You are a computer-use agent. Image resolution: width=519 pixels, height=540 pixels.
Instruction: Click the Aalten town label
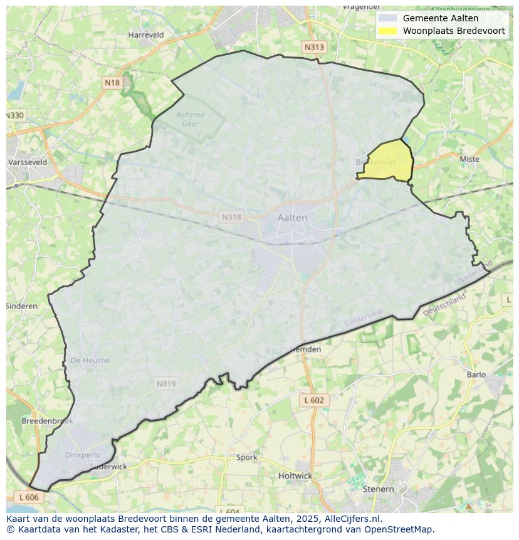292,218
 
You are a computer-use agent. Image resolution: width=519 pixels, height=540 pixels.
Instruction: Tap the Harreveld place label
145,35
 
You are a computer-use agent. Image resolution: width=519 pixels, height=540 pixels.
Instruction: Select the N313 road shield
314,47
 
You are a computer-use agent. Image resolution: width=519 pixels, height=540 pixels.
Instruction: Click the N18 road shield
112,82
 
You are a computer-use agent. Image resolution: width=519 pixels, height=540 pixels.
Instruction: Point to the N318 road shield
231,217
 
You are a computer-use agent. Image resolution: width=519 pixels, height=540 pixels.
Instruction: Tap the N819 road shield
166,383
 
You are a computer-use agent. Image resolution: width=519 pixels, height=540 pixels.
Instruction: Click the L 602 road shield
313,400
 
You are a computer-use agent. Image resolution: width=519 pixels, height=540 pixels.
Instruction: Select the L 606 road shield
29,497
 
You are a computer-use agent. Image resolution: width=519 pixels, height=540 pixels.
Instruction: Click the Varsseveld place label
28,162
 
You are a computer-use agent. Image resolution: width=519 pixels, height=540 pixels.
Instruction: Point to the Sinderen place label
22,306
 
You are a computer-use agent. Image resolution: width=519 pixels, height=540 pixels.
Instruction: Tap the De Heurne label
90,360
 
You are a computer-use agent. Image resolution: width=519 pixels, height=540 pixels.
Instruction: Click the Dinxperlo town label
82,455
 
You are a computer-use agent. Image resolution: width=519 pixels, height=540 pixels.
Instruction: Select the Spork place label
246,457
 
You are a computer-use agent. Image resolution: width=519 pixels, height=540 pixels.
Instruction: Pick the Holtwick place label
295,475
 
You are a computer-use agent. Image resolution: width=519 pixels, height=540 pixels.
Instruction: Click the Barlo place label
476,374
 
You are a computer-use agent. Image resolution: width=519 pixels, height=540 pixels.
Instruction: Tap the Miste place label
469,159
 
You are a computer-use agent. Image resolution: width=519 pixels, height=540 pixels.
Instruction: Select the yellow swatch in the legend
387,31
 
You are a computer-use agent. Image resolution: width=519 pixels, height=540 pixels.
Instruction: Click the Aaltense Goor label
190,119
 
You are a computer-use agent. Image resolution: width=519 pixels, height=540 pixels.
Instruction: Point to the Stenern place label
378,489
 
